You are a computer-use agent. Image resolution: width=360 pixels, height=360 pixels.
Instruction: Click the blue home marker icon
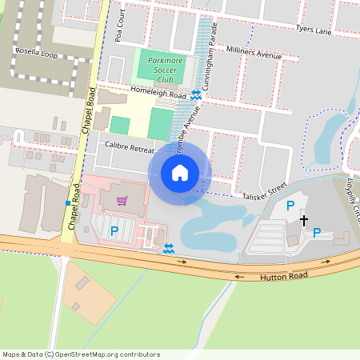[x=180, y=173]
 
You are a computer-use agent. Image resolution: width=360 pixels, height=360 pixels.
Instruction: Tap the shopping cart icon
[x=122, y=201]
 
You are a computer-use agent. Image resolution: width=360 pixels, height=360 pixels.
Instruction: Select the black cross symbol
[x=303, y=218]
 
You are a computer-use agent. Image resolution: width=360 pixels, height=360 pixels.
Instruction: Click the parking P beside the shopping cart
[x=114, y=231]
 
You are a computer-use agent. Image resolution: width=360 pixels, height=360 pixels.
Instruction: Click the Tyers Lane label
[x=314, y=30]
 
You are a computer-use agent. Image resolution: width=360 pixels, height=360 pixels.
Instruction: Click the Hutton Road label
[x=283, y=276]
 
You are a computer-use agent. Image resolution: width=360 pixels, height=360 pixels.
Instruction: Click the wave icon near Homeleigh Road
[x=195, y=96]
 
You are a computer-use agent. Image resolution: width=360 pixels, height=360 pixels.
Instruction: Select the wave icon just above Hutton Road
[x=168, y=249]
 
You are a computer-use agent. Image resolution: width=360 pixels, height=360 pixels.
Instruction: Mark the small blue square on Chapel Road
[x=67, y=203]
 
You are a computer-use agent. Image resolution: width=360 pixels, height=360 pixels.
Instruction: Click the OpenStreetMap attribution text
[x=82, y=354]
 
